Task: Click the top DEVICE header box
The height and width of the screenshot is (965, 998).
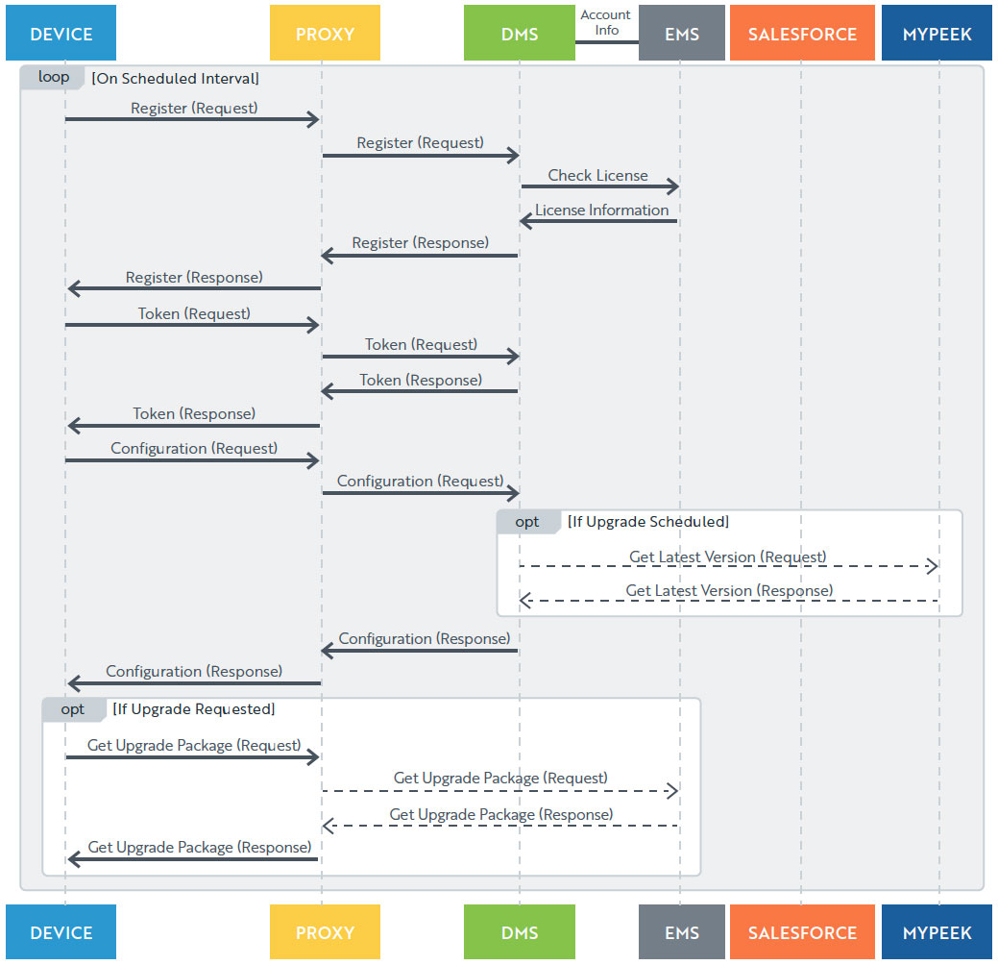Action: pos(61,33)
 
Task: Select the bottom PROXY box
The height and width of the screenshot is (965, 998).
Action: pos(325,932)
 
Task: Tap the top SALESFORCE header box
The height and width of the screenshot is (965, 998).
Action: pos(802,33)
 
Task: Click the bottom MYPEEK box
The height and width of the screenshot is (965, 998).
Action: pos(937,932)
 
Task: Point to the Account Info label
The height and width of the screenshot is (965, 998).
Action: pos(605,22)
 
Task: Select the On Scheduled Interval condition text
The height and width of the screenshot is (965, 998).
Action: pos(175,79)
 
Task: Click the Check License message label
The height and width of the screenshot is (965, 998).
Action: pos(597,175)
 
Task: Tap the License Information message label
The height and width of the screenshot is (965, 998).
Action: pos(601,210)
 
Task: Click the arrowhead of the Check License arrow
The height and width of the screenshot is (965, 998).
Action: pos(673,186)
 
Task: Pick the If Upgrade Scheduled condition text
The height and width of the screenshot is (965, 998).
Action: pos(648,522)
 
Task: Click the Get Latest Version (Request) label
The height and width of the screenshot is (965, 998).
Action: pos(727,557)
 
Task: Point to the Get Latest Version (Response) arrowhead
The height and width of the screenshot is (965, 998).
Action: pos(525,600)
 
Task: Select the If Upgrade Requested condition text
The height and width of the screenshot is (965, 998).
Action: pos(193,709)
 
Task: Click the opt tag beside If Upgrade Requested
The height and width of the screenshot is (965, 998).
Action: pos(73,709)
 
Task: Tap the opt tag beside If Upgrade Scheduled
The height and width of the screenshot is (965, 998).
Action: pos(527,522)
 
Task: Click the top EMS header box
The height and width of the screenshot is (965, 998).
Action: pos(682,33)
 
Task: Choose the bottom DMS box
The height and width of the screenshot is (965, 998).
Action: pos(520,932)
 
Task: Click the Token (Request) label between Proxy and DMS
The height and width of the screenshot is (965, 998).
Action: pos(421,345)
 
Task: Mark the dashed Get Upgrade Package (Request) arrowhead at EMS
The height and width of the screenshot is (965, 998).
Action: pos(672,791)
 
